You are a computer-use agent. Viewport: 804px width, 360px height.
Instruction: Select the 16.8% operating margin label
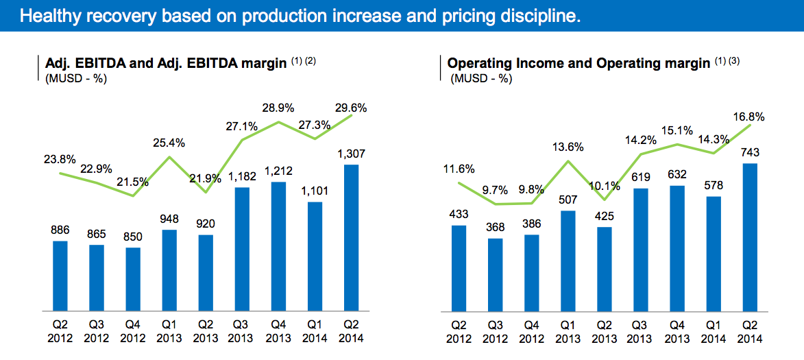coord(750,116)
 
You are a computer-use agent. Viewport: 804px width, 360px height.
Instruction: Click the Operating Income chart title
coord(578,64)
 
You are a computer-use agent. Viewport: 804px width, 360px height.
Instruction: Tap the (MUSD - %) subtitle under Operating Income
coord(481,78)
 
